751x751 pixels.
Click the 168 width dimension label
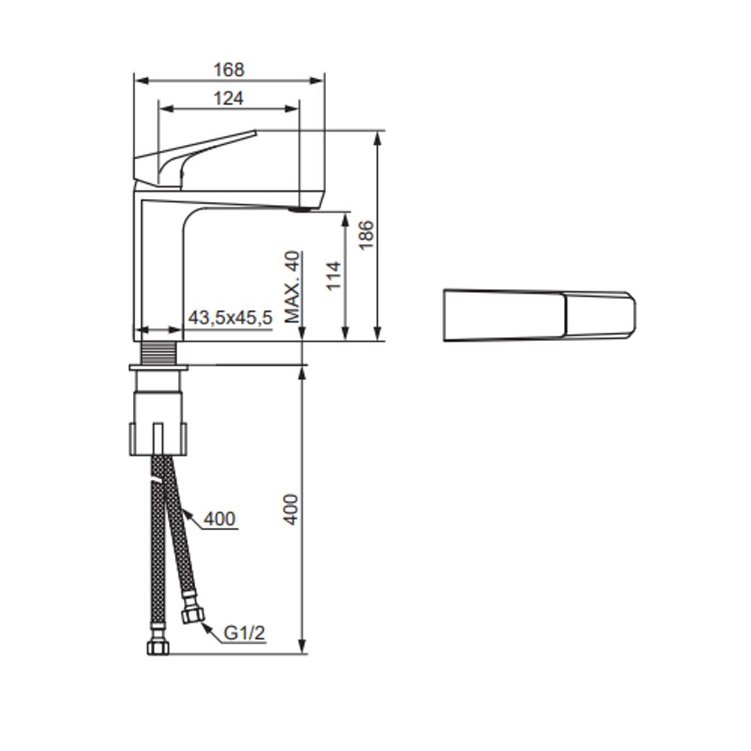click(228, 70)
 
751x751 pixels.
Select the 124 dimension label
click(228, 98)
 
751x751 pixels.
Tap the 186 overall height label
click(366, 234)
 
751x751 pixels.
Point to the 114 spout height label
click(333, 276)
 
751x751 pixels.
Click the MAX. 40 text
click(292, 286)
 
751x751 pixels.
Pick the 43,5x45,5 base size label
click(230, 318)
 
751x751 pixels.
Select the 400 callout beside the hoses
click(219, 519)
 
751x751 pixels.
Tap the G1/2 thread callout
click(244, 633)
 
